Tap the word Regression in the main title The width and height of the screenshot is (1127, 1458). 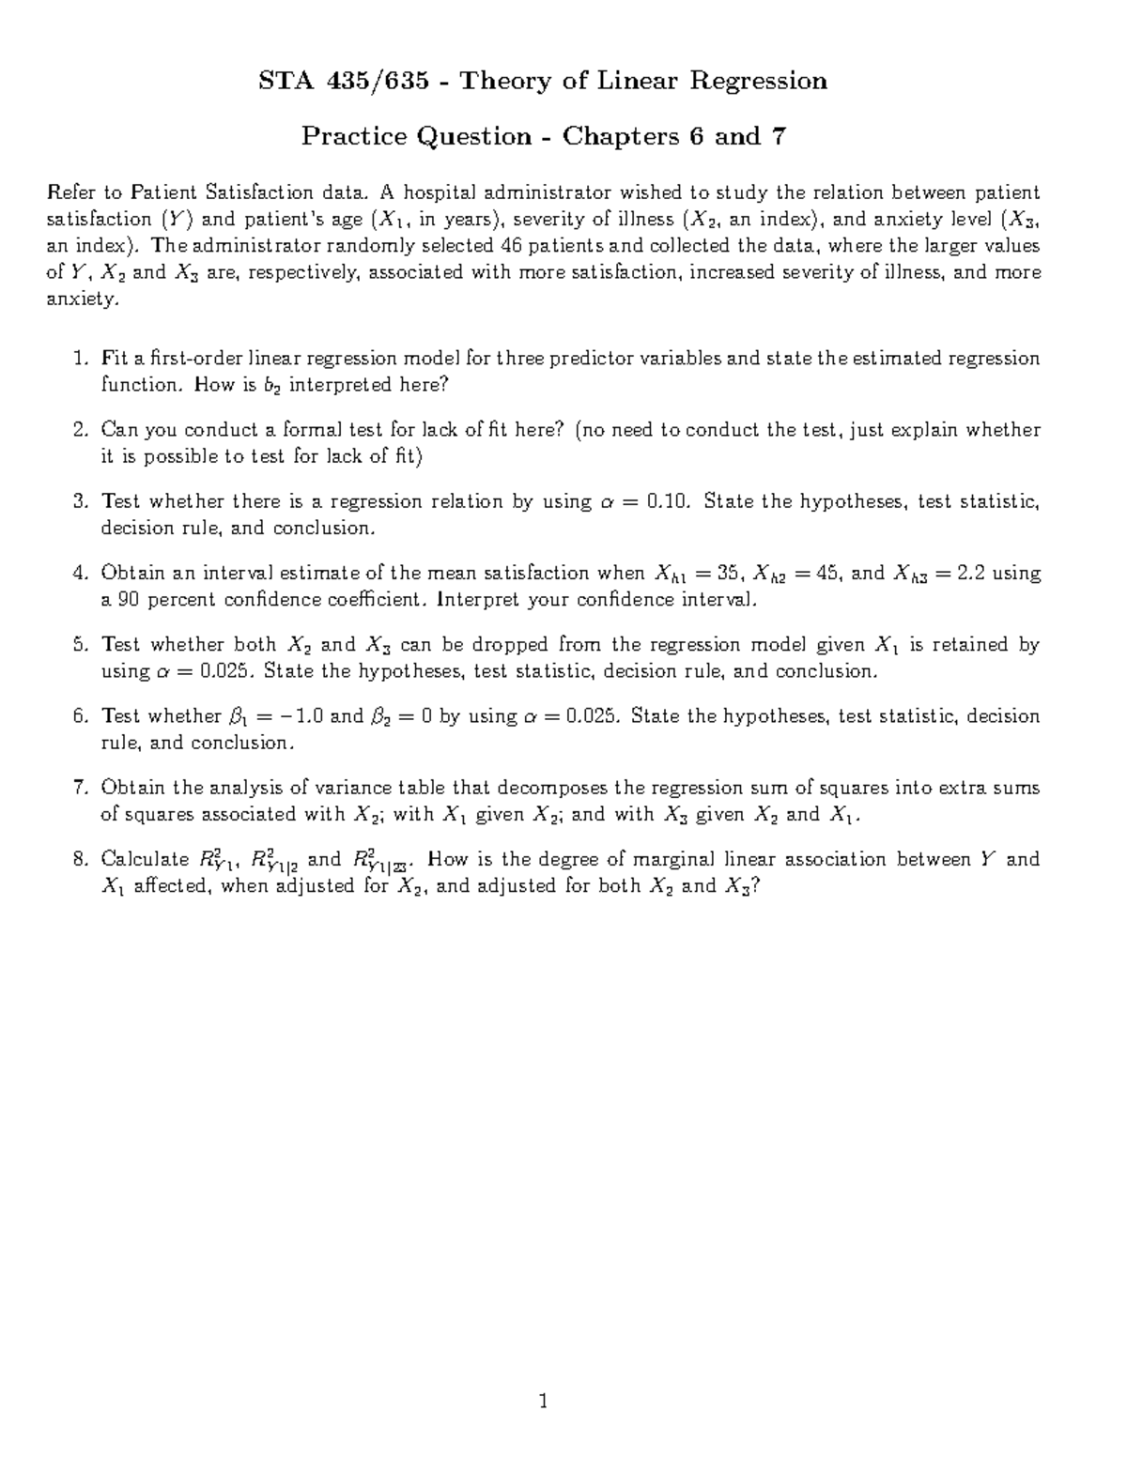[759, 82]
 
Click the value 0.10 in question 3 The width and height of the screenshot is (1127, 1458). [669, 501]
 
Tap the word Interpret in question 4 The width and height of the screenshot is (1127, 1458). [479, 600]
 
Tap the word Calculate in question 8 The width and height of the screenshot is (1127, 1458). [146, 859]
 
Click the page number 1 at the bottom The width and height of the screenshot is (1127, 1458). [543, 1403]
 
